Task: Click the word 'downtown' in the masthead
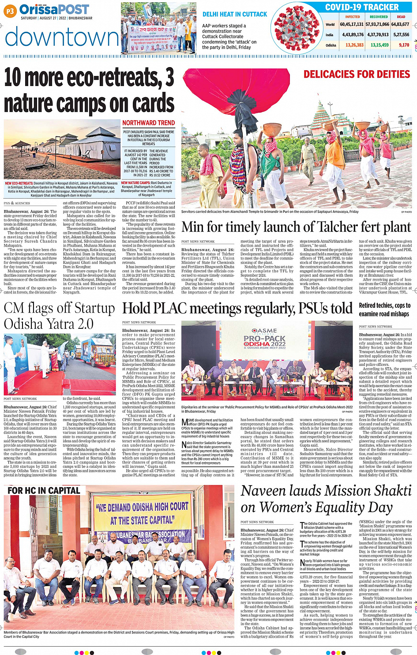point(62,37)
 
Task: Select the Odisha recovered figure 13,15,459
point(379,45)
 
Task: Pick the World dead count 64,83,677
point(400,24)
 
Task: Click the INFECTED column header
point(352,17)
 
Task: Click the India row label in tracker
point(330,35)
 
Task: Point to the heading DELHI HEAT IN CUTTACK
point(235,15)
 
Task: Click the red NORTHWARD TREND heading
point(148,123)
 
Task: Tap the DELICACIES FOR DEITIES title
point(357,74)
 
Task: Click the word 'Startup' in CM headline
point(93,308)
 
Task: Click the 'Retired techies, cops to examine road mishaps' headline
point(384,309)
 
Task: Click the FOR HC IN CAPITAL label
point(44,490)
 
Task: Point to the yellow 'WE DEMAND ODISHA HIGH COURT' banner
point(142,513)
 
